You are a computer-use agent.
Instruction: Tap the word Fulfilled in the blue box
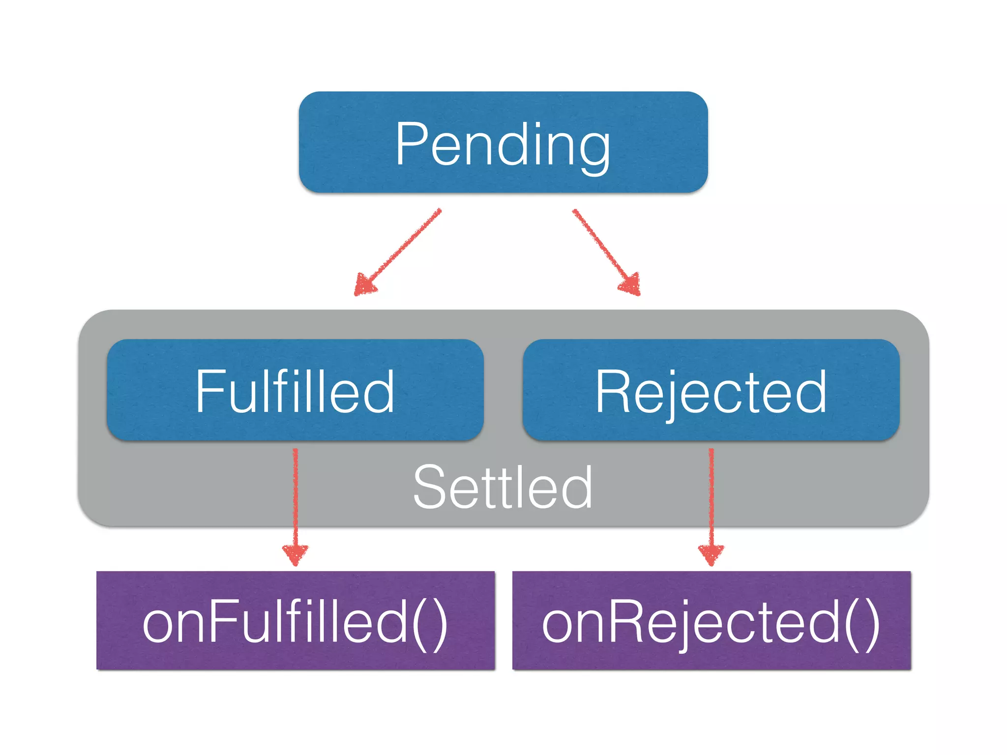tap(295, 392)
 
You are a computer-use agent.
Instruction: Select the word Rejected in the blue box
tap(711, 392)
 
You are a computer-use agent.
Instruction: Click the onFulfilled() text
tap(295, 623)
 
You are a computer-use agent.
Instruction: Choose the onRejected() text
tap(711, 623)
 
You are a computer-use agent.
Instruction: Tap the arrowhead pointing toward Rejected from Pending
tap(631, 285)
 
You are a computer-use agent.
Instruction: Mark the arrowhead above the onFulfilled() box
tap(296, 554)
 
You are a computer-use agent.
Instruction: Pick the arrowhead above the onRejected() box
tap(711, 554)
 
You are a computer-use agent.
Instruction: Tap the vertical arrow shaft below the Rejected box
tap(711, 496)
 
